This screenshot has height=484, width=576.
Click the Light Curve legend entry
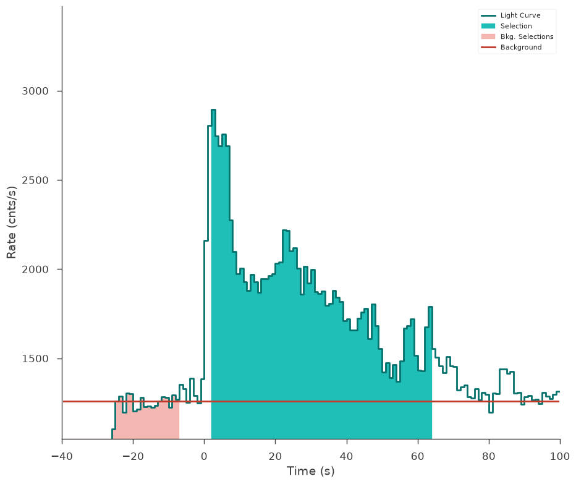tap(520, 15)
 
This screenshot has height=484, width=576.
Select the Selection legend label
tap(516, 26)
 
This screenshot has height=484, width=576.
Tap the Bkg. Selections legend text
tap(527, 36)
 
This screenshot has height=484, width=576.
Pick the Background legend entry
tap(521, 48)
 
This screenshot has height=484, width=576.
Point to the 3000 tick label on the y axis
tap(35, 91)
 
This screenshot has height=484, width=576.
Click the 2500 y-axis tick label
tap(35, 180)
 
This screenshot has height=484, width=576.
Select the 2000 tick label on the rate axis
tap(35, 270)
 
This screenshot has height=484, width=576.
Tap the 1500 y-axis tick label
tap(35, 359)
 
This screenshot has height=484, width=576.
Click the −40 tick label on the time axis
tap(62, 456)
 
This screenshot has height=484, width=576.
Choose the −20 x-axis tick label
tap(133, 456)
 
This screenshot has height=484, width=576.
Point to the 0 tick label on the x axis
tap(204, 456)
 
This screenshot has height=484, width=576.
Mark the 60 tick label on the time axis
tap(418, 456)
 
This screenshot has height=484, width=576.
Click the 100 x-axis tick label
tap(560, 456)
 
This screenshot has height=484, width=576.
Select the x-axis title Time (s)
tap(311, 471)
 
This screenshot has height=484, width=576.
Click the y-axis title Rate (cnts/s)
tap(11, 223)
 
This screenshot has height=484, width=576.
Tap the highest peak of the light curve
tap(213, 110)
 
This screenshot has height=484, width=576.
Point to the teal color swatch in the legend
tap(488, 26)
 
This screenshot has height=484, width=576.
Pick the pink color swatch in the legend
tap(488, 36)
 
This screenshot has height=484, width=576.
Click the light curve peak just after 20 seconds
tap(286, 231)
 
